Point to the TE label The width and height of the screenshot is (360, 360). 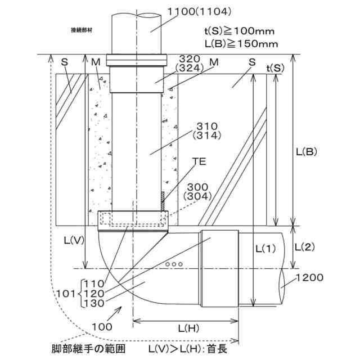(x=199, y=161)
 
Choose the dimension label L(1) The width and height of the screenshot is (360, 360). (x=267, y=247)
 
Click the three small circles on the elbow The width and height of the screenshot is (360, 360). (x=174, y=263)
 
